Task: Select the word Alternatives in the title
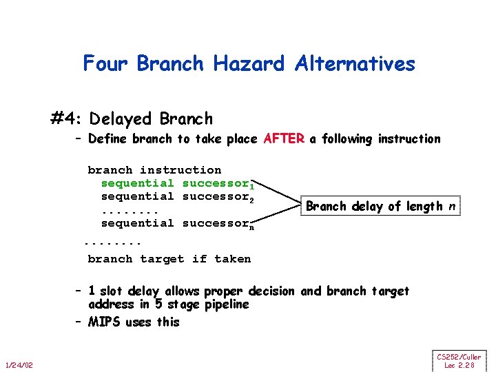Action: click(355, 64)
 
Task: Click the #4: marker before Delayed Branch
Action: click(67, 119)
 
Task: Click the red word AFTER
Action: click(284, 139)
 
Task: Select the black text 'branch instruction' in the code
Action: click(154, 170)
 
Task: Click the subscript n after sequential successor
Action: click(252, 227)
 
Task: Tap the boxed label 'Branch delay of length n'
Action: click(380, 206)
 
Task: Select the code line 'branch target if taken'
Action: click(169, 259)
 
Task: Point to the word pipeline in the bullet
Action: click(227, 304)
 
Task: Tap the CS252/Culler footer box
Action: click(459, 361)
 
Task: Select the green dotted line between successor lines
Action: click(130, 210)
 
